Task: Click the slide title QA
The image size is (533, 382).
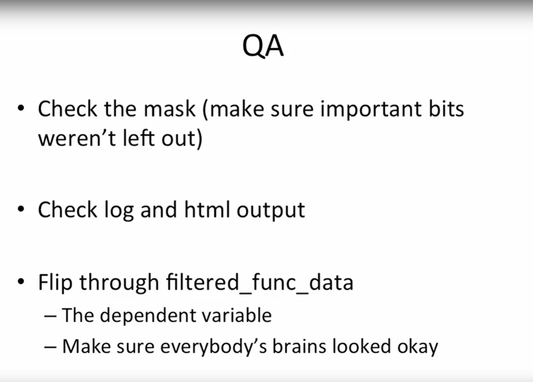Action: click(x=263, y=46)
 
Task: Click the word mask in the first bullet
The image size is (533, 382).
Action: click(x=170, y=109)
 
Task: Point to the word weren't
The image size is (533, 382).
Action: click(x=77, y=138)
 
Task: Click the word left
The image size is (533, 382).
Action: click(x=139, y=138)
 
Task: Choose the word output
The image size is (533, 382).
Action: click(x=271, y=211)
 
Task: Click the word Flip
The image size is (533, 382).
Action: click(x=55, y=283)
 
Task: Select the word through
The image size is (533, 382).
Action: click(x=119, y=283)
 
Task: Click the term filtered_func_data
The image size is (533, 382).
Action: click(x=259, y=283)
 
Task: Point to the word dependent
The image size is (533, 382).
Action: click(x=148, y=316)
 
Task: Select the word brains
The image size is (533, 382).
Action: click(x=299, y=346)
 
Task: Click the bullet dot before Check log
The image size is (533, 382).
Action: click(x=21, y=209)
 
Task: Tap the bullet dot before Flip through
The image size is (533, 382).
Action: click(x=21, y=282)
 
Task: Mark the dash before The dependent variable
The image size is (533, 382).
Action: click(x=50, y=316)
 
